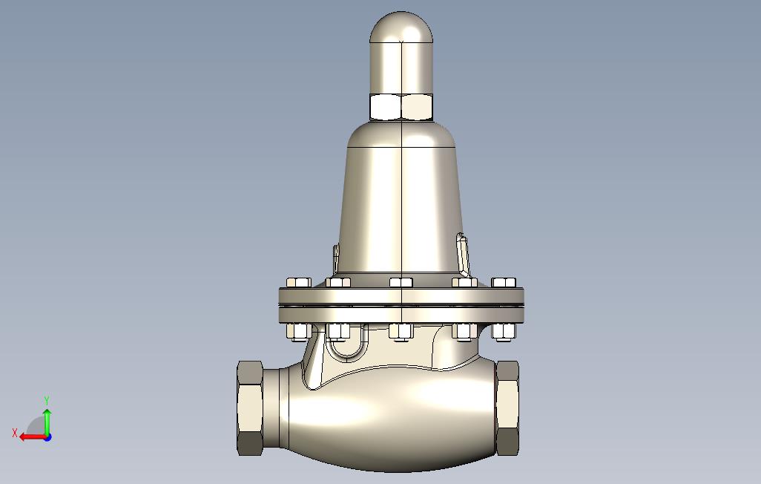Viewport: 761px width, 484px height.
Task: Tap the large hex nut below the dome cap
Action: [401, 107]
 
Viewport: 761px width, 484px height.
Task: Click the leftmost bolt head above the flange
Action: [298, 283]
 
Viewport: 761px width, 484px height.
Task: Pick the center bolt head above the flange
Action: [401, 282]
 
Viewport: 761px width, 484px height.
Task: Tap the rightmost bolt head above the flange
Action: [504, 282]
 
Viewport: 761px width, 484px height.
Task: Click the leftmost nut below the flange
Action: [298, 332]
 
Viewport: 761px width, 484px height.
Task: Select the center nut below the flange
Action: [401, 332]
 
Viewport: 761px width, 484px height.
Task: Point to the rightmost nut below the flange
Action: [504, 332]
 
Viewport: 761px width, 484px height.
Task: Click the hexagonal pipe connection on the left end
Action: [250, 408]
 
